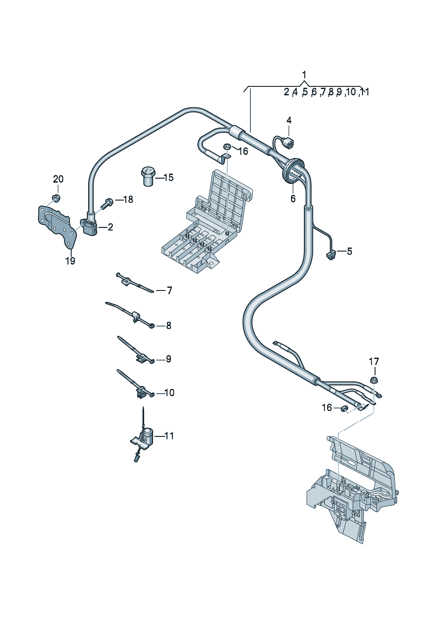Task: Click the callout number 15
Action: click(x=169, y=177)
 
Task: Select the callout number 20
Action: click(x=58, y=179)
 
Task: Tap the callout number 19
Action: click(x=70, y=261)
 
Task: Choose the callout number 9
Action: click(x=168, y=359)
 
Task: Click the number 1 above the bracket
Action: click(x=304, y=75)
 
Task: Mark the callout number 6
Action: click(x=293, y=198)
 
